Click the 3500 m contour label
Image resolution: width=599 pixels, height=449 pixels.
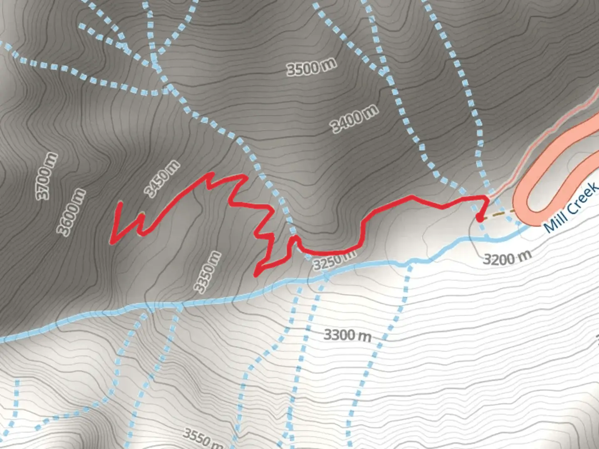[x=311, y=67]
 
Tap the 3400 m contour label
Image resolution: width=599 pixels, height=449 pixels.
[x=354, y=119]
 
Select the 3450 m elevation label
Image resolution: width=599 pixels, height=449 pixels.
[x=162, y=178]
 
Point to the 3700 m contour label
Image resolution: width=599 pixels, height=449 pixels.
[x=46, y=176]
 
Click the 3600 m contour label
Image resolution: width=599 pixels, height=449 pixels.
[x=71, y=212]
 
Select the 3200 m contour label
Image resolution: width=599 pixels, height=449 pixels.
[x=507, y=258]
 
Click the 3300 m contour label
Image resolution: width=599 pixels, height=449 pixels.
[x=347, y=335]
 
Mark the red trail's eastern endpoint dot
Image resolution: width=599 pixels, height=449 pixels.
[x=479, y=218]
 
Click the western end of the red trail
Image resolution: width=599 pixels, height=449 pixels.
[x=120, y=203]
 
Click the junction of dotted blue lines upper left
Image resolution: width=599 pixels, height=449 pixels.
[x=155, y=64]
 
